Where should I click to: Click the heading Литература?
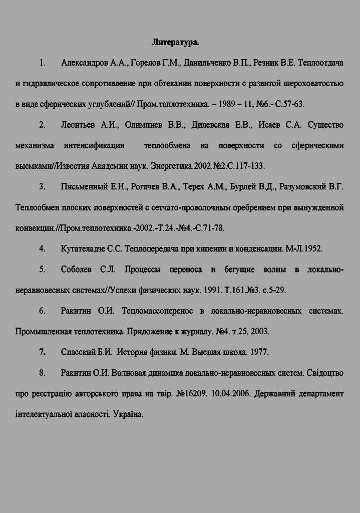[x=175, y=42]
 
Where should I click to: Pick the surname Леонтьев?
[x=78, y=125]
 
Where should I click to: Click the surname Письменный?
[x=85, y=187]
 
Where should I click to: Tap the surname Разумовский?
[x=303, y=187]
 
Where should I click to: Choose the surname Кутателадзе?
[x=84, y=248]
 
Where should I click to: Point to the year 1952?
[x=311, y=248]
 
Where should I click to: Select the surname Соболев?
[x=76, y=270]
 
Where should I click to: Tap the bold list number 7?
[x=43, y=352]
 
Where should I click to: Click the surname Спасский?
[x=78, y=352]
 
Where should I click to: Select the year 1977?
[x=258, y=352]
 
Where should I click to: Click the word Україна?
[x=128, y=414]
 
